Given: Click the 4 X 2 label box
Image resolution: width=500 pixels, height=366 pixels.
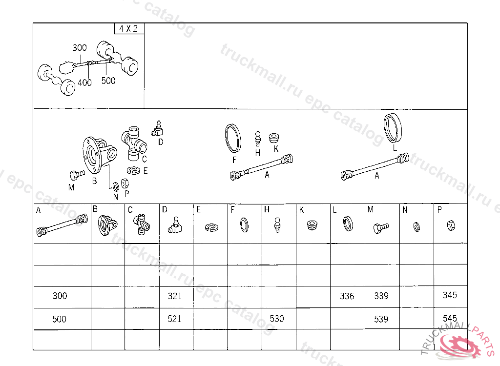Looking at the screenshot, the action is [129, 28].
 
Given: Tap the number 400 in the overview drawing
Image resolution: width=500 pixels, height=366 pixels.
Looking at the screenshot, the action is [84, 82].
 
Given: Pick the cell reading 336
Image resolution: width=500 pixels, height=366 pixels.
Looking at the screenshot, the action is [348, 297].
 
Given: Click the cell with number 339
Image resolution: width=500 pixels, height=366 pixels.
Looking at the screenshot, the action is [382, 297].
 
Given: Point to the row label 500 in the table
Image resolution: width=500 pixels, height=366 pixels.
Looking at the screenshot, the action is [59, 319].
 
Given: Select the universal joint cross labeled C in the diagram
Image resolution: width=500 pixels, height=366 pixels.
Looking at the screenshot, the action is [134, 143].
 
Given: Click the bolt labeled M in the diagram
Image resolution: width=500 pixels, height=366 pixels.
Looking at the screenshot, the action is [77, 175].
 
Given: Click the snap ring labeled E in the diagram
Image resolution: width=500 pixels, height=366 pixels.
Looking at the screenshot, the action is [134, 171].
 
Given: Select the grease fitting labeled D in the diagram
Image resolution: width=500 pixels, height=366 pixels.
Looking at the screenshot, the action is [157, 129].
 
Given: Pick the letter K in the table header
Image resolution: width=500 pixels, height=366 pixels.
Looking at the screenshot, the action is [302, 210].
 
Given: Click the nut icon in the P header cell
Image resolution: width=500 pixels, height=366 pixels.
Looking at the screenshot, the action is [451, 226].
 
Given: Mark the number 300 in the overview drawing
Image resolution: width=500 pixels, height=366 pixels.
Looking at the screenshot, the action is [80, 48].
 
